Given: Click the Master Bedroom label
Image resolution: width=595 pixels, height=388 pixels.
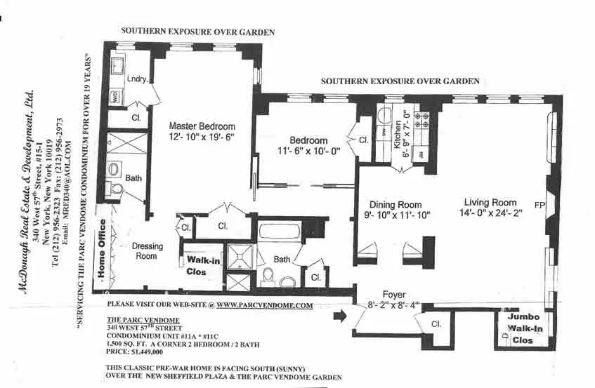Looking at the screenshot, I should pos(202,126).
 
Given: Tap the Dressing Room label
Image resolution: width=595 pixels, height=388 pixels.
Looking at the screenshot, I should pos(148,251).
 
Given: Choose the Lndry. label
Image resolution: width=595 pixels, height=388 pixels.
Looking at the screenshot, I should pos(137,79).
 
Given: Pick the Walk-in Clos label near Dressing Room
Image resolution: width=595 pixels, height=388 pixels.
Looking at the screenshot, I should pos(201,265).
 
